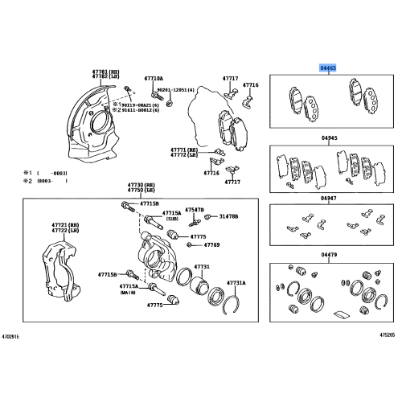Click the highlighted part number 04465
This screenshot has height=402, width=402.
[x=330, y=69]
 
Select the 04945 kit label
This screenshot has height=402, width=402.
[x=330, y=139]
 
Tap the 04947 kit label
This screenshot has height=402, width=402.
[x=330, y=197]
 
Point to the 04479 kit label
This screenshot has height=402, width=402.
[x=330, y=255]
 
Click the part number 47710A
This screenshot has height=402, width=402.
[x=154, y=78]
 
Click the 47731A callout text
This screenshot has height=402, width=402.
[x=235, y=283]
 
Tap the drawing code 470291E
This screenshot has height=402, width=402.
[x=12, y=336]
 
